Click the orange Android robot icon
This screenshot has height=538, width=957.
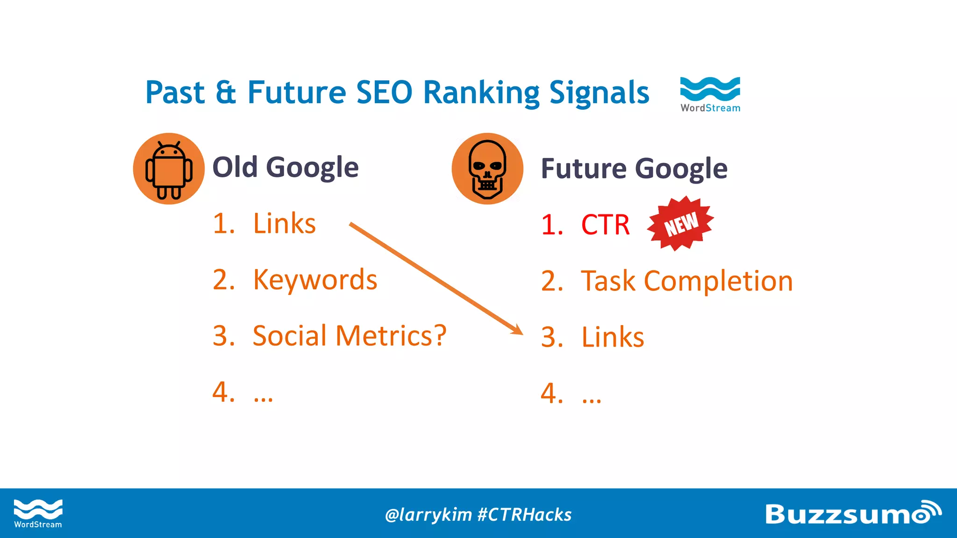[x=169, y=169]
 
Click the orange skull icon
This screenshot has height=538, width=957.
[x=487, y=169]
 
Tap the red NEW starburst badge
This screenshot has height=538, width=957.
[x=681, y=223]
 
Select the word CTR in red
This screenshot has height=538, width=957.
[x=605, y=225]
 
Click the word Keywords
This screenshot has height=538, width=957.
[x=315, y=280]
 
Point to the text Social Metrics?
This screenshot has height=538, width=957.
[x=350, y=336]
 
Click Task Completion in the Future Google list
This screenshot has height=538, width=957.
[x=687, y=281]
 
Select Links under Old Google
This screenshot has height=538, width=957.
[x=284, y=224]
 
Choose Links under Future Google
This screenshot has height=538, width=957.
[x=613, y=337]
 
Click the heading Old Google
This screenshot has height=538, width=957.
[x=286, y=167]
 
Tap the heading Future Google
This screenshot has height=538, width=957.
[x=634, y=169]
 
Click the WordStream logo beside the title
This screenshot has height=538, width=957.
[x=710, y=94]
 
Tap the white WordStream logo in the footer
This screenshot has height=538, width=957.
[x=38, y=513]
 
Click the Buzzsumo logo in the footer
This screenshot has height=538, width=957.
[x=853, y=513]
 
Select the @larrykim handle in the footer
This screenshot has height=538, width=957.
[x=428, y=515]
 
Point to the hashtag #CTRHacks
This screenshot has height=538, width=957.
[x=524, y=515]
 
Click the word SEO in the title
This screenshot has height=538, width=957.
[x=384, y=92]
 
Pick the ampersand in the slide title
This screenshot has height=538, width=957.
[x=226, y=92]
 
